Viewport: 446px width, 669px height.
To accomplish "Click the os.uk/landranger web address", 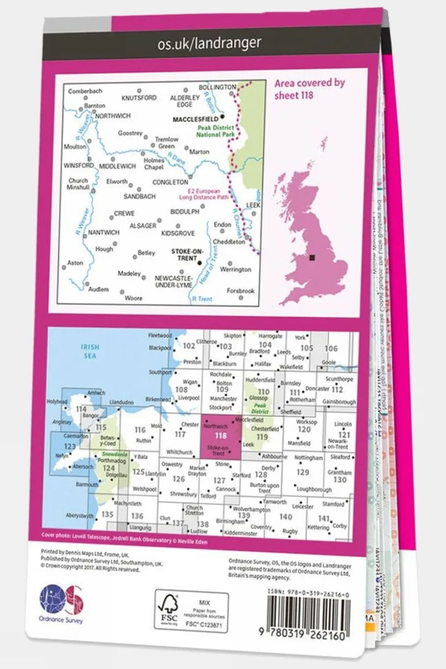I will pyautogui.click(x=209, y=44).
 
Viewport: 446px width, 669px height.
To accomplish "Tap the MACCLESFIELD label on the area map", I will pyautogui.click(x=195, y=119).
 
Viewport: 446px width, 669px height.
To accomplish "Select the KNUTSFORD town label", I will pyautogui.click(x=139, y=98).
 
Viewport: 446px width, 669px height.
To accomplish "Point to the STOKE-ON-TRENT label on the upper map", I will pyautogui.click(x=187, y=254).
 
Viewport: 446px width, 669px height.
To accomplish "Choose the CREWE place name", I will pyautogui.click(x=124, y=213).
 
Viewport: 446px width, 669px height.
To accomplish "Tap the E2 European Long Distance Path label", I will pyautogui.click(x=204, y=194).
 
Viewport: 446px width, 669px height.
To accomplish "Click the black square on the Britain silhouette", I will pyautogui.click(x=312, y=258).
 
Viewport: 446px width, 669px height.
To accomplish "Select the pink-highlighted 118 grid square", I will pyautogui.click(x=220, y=436).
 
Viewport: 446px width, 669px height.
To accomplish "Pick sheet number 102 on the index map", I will pyautogui.click(x=189, y=346).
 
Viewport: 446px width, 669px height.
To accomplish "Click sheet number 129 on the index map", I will pyautogui.click(x=302, y=472).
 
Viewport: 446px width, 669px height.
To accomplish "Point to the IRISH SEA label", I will pyautogui.click(x=90, y=351).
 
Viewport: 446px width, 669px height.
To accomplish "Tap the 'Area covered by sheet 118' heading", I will pyautogui.click(x=309, y=89).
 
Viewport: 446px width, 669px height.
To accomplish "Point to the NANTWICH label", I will pyautogui.click(x=104, y=232).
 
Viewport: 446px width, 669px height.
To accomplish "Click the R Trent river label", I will pyautogui.click(x=202, y=299).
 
